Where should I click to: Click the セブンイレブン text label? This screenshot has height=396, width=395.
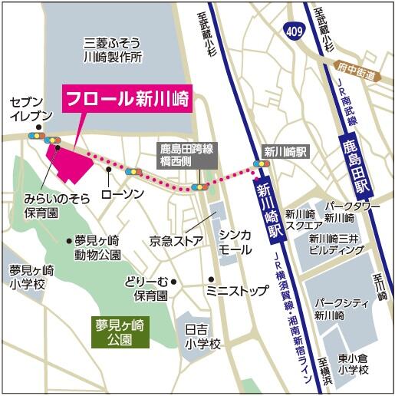[31, 108]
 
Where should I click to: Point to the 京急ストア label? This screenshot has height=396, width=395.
[176, 242]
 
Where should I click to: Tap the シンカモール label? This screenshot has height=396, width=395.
[235, 243]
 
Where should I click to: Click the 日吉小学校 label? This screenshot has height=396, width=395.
[202, 335]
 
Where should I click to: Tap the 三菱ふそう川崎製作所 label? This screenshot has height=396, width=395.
[114, 51]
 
